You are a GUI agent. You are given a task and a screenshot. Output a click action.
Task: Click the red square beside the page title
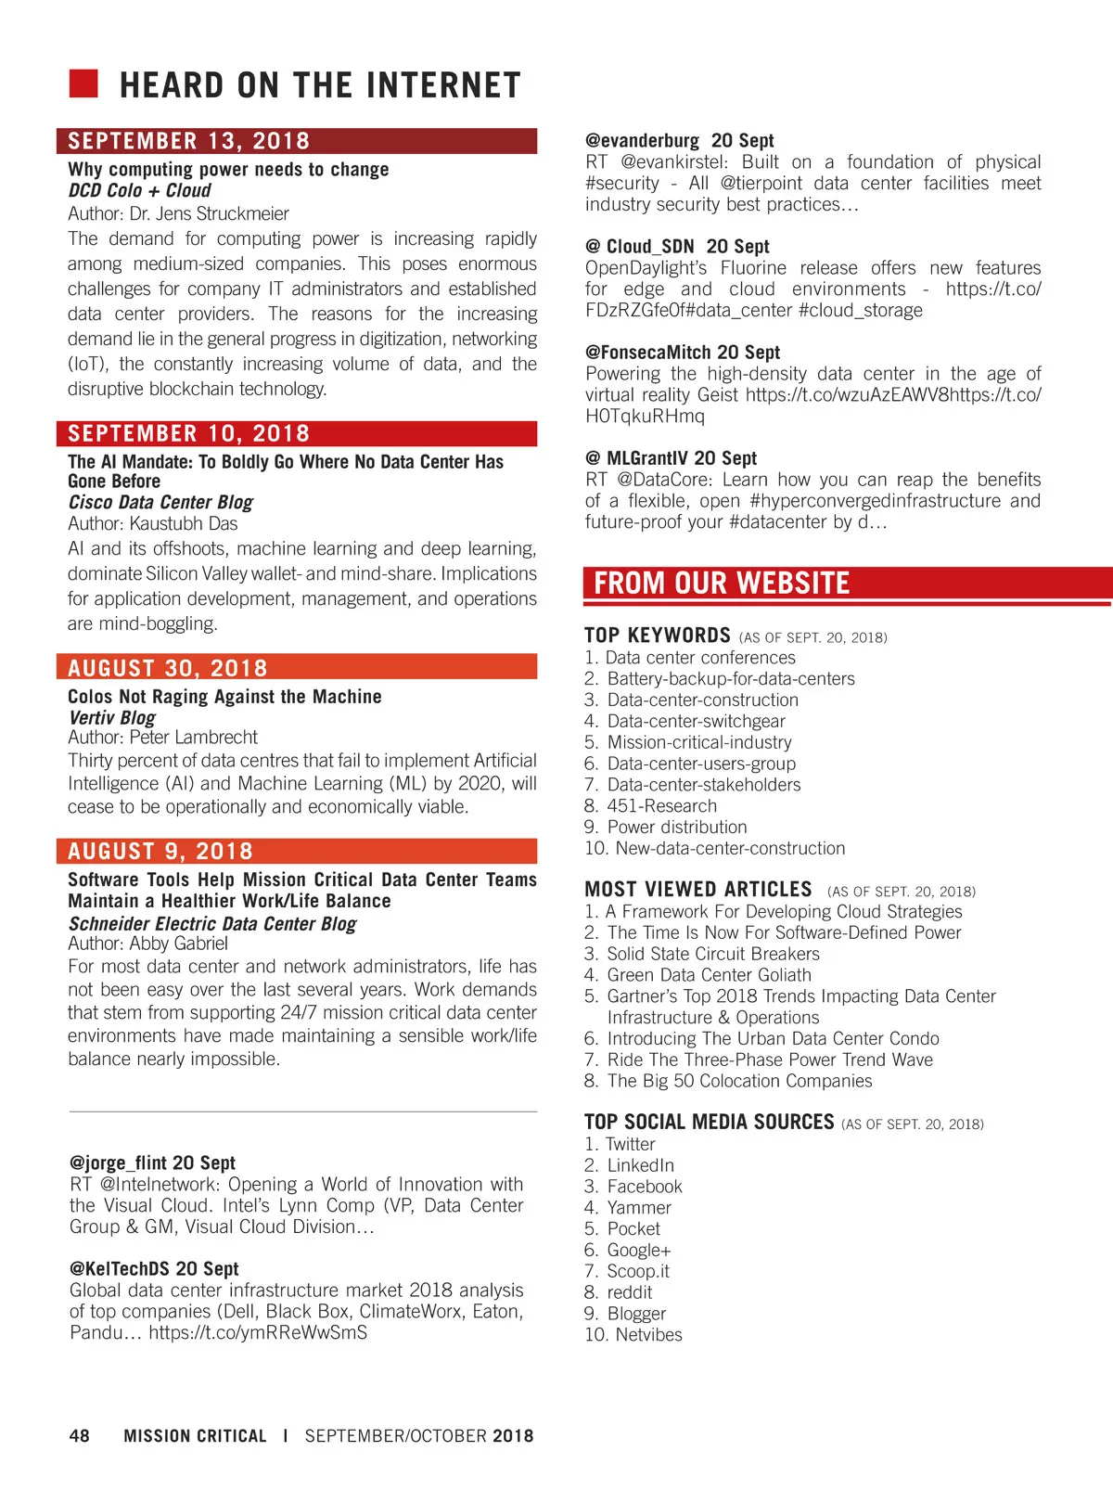click(x=83, y=83)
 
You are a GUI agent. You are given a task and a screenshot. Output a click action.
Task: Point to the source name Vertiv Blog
click(x=112, y=717)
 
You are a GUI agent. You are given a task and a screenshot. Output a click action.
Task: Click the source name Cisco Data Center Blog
click(x=160, y=502)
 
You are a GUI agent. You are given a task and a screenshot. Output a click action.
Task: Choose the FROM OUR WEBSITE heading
click(x=722, y=583)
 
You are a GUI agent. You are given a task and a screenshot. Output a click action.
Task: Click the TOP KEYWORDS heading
click(x=658, y=636)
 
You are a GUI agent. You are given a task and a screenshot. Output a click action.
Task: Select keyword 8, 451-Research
click(x=661, y=805)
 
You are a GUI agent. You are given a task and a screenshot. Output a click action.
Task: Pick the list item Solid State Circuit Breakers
click(x=713, y=954)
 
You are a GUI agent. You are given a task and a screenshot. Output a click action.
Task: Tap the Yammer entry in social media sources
click(x=639, y=1207)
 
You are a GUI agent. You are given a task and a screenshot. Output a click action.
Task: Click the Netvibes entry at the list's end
click(x=648, y=1334)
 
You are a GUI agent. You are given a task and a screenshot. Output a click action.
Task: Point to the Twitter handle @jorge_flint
click(x=119, y=1162)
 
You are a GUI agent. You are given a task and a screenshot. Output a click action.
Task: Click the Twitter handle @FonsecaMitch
click(x=648, y=353)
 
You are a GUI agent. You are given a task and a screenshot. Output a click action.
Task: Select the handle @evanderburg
click(x=642, y=140)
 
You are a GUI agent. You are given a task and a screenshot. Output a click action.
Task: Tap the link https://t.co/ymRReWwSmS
click(x=258, y=1332)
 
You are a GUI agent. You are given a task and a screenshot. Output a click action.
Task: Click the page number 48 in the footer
click(x=80, y=1435)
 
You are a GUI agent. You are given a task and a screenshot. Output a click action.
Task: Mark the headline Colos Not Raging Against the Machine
click(x=224, y=697)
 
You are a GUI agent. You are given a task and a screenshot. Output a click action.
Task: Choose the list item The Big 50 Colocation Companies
click(x=739, y=1081)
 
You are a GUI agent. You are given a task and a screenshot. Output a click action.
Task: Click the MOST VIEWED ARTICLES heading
click(x=698, y=889)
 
